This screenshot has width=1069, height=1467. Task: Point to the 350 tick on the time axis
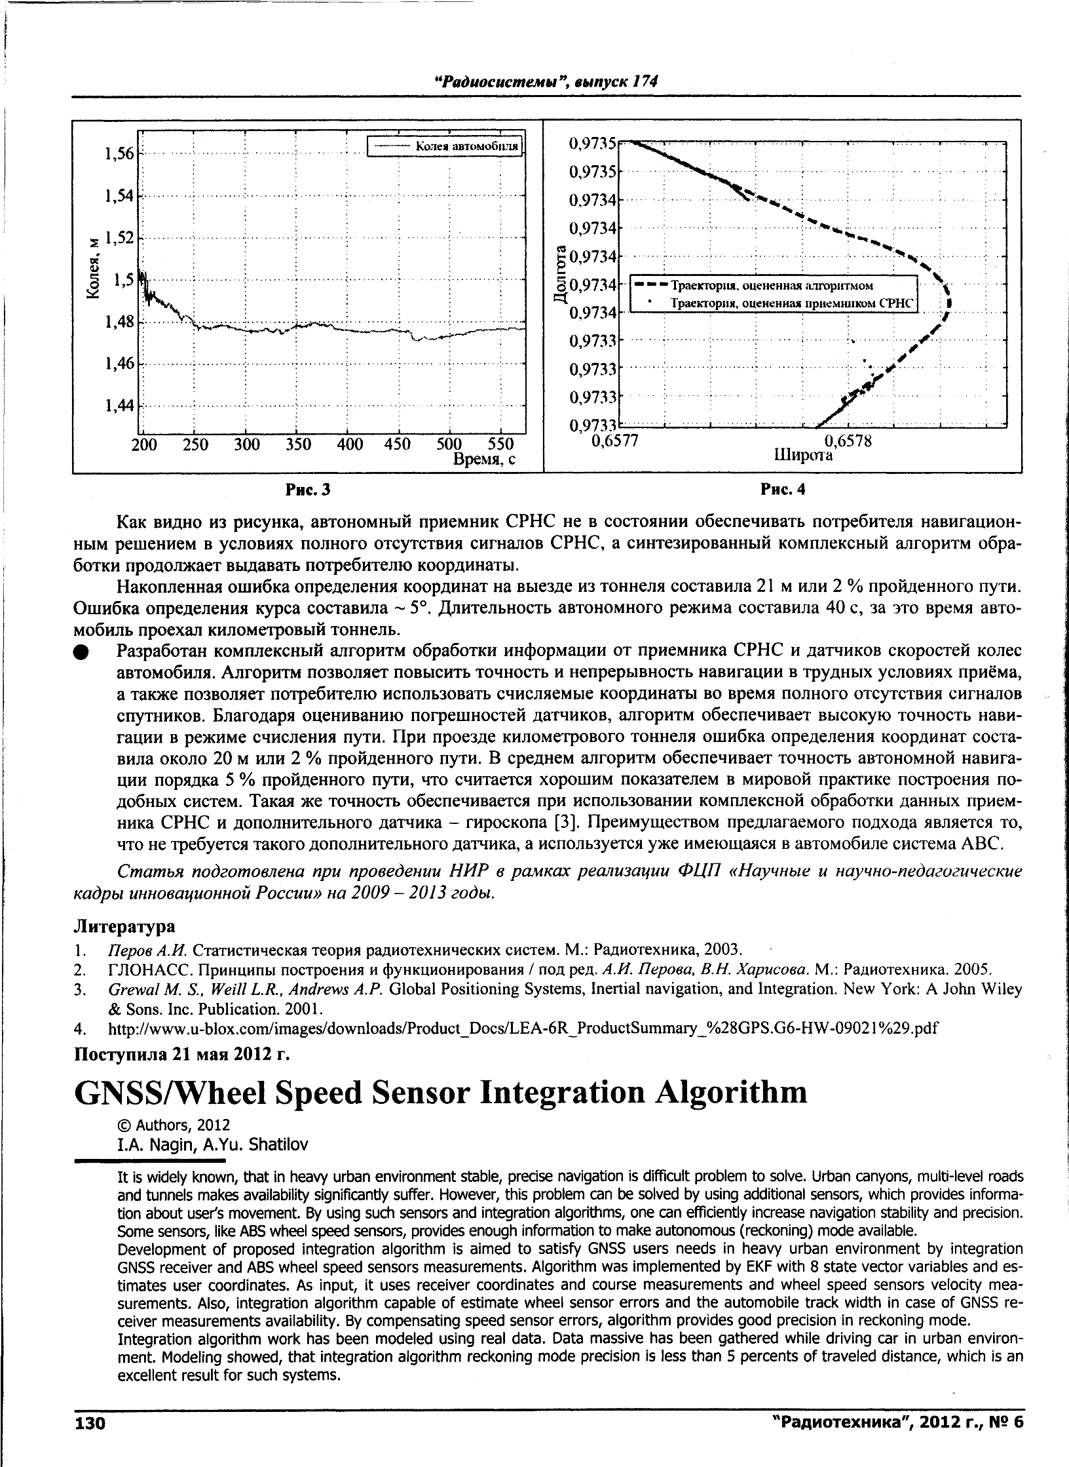[x=298, y=444]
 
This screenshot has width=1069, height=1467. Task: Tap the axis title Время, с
[x=485, y=460]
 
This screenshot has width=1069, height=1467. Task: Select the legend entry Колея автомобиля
[x=467, y=146]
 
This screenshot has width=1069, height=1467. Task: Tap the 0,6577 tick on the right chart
[x=614, y=442]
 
